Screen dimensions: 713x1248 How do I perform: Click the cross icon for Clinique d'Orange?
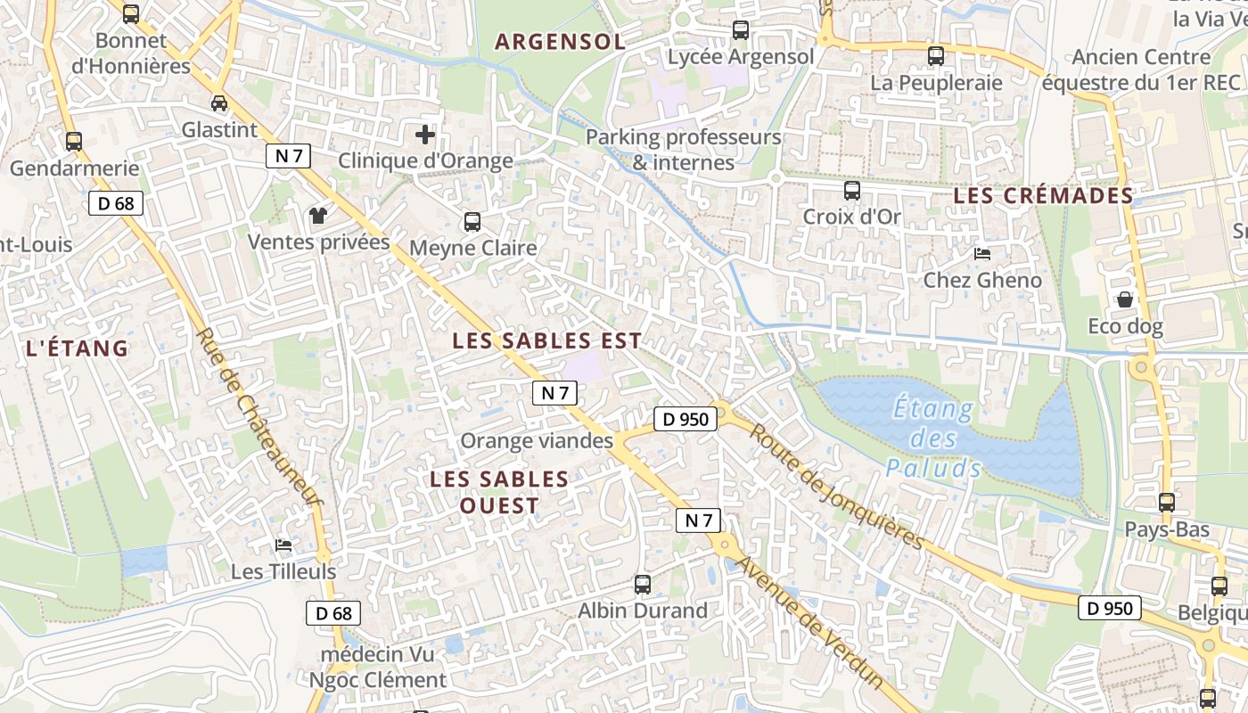coord(425,135)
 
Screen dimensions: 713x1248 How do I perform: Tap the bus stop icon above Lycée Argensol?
coord(740,30)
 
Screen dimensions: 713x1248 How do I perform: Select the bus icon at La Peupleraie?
coord(935,56)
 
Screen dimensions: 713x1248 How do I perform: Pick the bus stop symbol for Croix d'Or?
coord(851,190)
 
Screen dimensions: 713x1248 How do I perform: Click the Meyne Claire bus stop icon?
coord(472,222)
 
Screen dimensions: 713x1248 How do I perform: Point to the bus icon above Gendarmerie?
coord(74,142)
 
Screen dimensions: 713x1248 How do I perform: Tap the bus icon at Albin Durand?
coord(642,585)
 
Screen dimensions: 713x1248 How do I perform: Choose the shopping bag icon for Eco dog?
coord(1125,299)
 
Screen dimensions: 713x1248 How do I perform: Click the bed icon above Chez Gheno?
coord(981,254)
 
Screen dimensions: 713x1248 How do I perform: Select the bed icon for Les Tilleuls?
coord(283,545)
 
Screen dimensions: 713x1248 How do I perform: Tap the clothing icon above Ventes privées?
coord(318,215)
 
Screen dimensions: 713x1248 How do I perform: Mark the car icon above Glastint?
coord(219,102)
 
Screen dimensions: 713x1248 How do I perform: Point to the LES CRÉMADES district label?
coord(1043,196)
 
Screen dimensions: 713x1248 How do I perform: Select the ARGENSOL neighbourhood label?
coord(560,42)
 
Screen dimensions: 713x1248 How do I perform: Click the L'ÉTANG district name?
coord(78,348)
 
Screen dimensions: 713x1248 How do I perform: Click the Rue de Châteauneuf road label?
coord(258,419)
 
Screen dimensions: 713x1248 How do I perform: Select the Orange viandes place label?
coord(537,441)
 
